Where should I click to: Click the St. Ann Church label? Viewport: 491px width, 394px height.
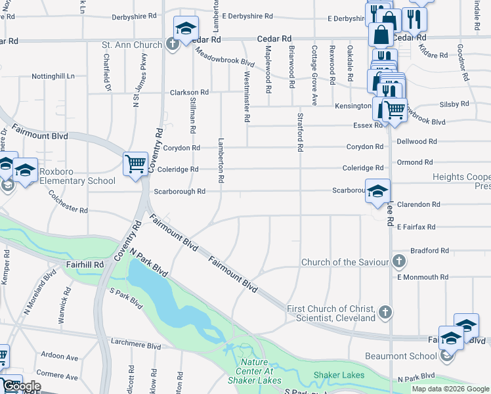(131, 45)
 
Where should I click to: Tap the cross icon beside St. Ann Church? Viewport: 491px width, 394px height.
(171, 45)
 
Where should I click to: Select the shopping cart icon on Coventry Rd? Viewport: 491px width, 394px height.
(135, 164)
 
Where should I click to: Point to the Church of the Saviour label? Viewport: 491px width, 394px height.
(345, 263)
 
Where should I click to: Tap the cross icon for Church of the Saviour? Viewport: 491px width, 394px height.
(398, 261)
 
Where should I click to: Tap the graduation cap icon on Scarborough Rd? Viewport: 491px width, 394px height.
(377, 191)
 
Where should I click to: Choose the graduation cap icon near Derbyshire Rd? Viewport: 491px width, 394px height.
(186, 28)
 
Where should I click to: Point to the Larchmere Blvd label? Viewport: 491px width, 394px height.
(137, 345)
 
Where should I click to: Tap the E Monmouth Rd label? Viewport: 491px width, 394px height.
(423, 278)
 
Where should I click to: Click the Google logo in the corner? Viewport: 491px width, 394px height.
(22, 386)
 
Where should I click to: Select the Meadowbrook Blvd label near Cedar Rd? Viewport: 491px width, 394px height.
(224, 61)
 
